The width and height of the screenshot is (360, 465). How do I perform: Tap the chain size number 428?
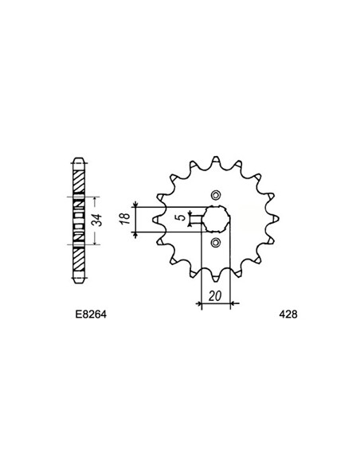(x=288, y=315)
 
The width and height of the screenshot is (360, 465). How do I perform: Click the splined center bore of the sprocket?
(x=216, y=218)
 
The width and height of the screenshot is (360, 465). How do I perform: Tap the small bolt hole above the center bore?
(x=216, y=194)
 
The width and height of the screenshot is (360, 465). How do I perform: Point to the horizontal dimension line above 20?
(x=215, y=303)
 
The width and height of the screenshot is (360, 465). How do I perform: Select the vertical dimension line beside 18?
(x=137, y=219)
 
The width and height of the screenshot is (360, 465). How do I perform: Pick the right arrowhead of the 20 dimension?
(x=228, y=303)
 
